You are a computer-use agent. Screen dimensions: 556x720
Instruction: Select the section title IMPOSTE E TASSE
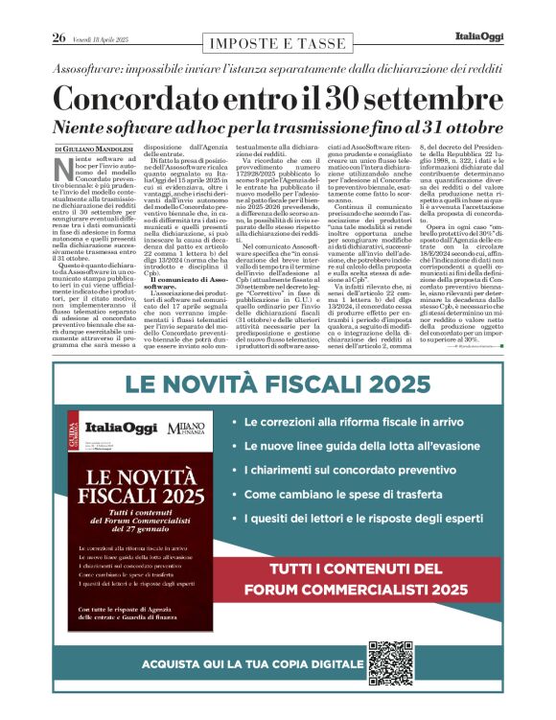[277, 44]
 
